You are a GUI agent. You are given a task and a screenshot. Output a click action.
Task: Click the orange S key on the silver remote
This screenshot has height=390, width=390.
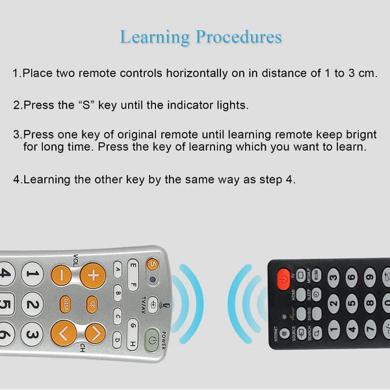[x=152, y=264]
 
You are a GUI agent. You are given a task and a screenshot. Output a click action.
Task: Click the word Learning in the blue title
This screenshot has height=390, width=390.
[x=155, y=36]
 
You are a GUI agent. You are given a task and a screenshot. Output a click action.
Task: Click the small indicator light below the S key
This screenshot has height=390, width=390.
[x=152, y=281]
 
